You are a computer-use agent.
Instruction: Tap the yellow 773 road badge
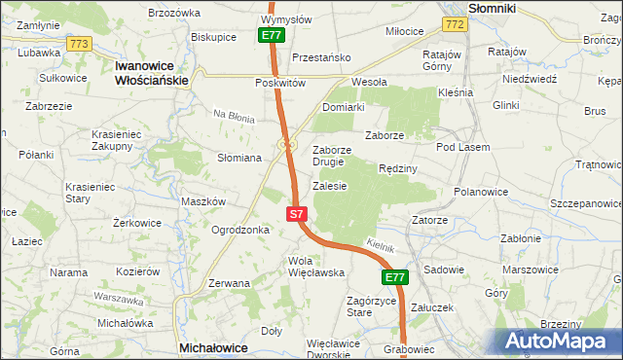tap(80, 44)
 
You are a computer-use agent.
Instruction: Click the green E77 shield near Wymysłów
tap(272, 35)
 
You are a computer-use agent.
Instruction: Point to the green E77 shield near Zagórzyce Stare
tap(393, 278)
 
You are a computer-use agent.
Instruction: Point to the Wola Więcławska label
tap(316, 267)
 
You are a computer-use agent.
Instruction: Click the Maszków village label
tap(203, 201)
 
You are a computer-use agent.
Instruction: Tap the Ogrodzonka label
tap(240, 231)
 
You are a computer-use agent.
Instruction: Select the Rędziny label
tap(397, 168)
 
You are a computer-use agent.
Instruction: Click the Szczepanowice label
tap(585, 203)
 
